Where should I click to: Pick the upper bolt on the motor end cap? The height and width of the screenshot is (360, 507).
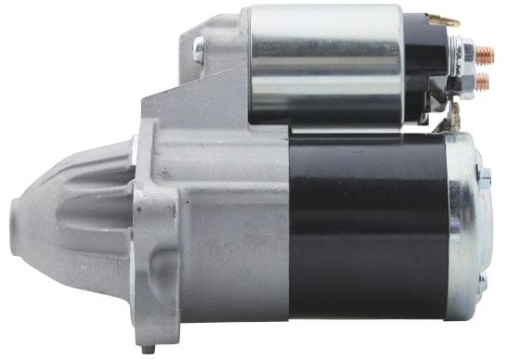[x=484, y=174]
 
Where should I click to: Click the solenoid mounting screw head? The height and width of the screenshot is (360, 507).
[x=198, y=52]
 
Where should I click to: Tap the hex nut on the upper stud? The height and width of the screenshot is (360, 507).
[x=466, y=53]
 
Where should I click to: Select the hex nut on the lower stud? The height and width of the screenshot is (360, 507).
[x=466, y=84]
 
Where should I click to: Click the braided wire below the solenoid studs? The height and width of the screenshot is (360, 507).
[x=454, y=117]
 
